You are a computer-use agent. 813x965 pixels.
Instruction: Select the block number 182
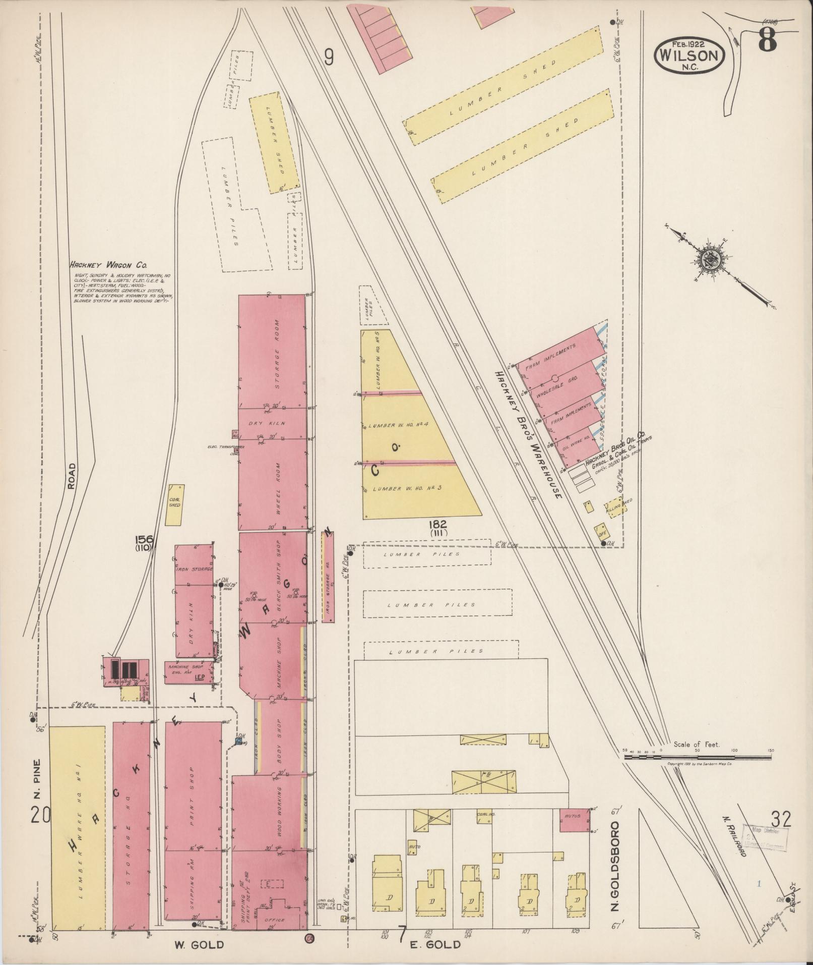pos(439,525)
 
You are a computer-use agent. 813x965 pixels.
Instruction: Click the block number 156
pos(144,540)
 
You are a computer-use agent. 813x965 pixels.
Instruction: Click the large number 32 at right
pos(780,819)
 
